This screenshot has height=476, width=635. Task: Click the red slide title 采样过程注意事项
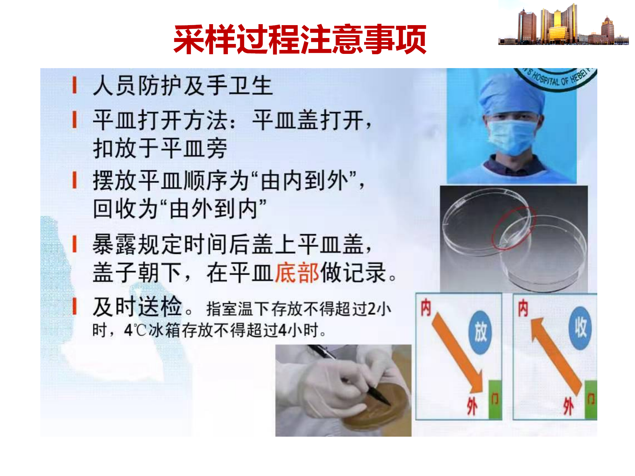pos(300,40)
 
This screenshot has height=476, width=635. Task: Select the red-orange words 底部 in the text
pos(297,273)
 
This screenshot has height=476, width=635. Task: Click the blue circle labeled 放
pos(480,332)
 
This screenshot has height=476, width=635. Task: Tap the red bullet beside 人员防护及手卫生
pos(75,85)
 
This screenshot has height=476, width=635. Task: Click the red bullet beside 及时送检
pos(75,306)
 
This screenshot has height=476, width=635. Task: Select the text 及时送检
pos(137,306)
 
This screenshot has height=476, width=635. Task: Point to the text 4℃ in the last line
pos(135,330)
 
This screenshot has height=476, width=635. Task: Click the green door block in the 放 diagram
pos(495,400)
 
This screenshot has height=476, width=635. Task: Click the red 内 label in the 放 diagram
pos(426,307)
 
